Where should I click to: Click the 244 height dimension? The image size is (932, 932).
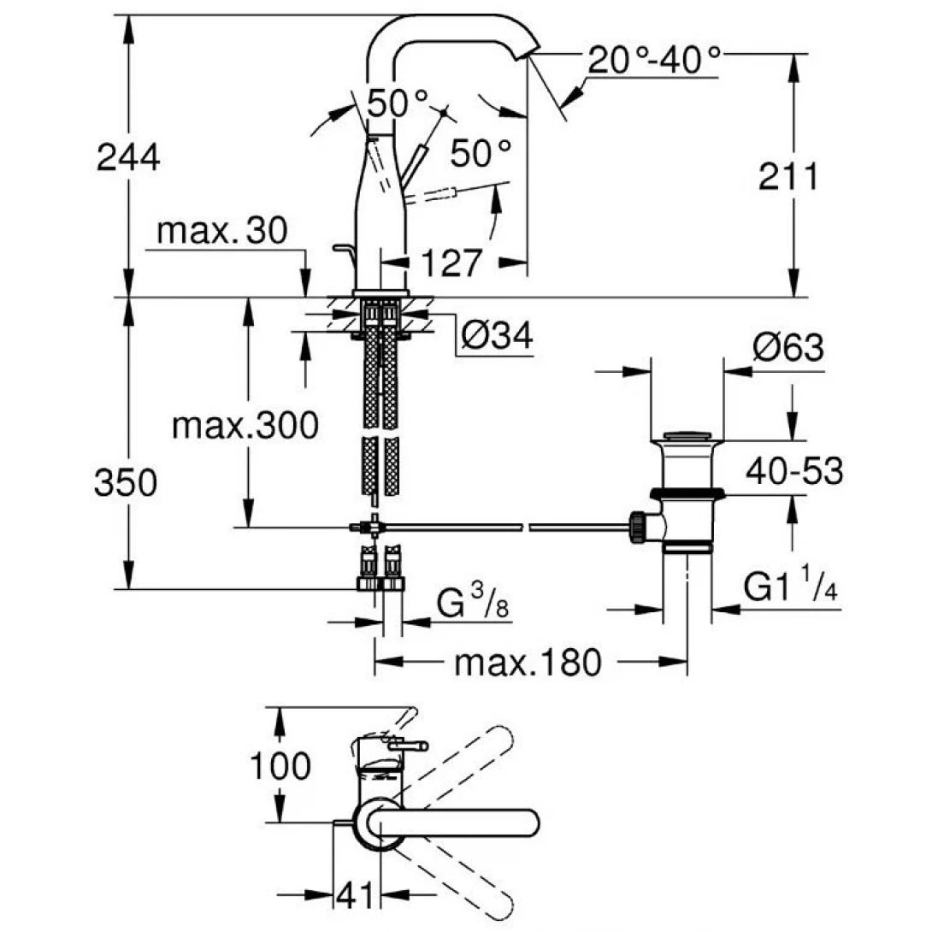128,157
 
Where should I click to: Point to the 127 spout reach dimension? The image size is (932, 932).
451,262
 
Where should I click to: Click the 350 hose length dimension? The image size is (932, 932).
126,484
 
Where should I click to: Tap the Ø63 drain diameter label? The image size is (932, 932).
787,349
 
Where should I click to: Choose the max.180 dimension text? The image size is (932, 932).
528,662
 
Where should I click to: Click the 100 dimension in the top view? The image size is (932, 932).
280,766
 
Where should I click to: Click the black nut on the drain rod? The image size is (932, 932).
637,527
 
